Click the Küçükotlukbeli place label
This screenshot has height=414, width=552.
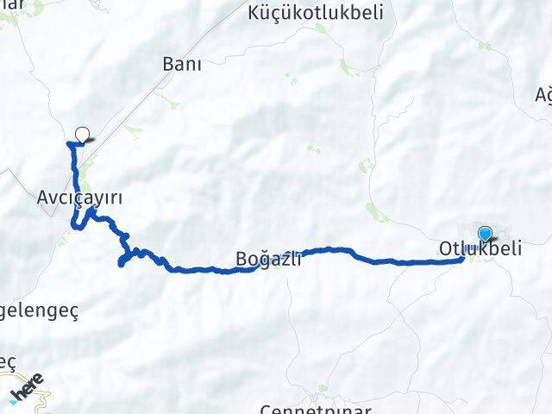303,13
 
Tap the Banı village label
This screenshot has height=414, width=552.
181,64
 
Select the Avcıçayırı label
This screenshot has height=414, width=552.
79,197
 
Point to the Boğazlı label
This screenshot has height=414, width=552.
268,257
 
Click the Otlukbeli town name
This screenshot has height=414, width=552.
480,248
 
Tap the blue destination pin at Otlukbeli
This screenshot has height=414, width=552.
486,234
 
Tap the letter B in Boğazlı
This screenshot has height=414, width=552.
241,257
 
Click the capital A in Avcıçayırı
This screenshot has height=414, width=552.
43,197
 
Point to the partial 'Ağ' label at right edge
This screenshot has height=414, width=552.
543,93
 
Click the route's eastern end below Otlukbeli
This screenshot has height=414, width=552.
463,258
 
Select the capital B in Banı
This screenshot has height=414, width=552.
168,64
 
